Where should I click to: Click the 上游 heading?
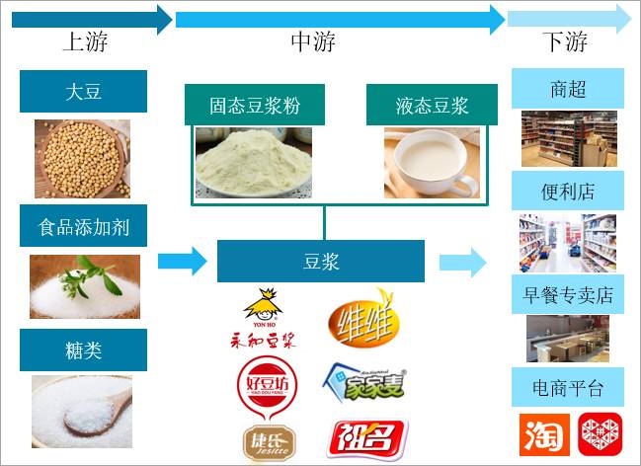[85, 41]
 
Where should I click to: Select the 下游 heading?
[565, 41]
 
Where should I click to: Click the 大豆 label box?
[83, 92]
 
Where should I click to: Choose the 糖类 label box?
[83, 349]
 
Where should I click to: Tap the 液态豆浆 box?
[433, 105]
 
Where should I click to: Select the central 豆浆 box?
[321, 262]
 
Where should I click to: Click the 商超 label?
[568, 89]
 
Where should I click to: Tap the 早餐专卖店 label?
[568, 294]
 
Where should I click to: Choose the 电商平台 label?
[568, 387]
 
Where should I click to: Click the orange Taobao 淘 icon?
[541, 434]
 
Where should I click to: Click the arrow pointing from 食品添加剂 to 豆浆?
[182, 262]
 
